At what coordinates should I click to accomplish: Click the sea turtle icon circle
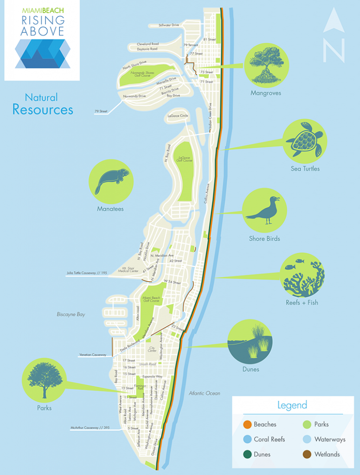(x=305, y=140)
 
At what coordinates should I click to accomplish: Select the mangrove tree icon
(x=266, y=65)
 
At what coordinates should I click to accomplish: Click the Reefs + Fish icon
(x=302, y=275)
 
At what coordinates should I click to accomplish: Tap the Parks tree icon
(x=44, y=380)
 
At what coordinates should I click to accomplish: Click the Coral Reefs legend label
(x=269, y=439)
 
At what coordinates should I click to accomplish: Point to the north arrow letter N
(x=334, y=50)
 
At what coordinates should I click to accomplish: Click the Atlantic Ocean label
(x=204, y=393)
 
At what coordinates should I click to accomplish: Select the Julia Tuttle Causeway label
(x=87, y=273)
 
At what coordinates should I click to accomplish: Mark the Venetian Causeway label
(x=93, y=355)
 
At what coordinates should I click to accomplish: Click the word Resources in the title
(x=43, y=109)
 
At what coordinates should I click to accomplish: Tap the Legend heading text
(x=292, y=405)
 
